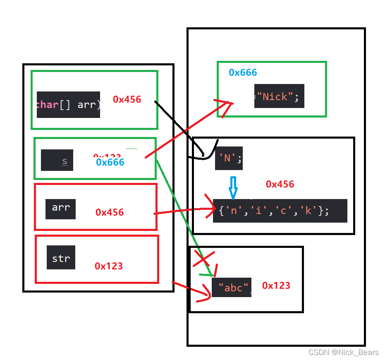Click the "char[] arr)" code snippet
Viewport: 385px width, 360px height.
pos(68,105)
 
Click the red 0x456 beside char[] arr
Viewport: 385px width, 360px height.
pos(127,99)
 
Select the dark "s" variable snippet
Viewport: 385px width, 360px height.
pos(57,161)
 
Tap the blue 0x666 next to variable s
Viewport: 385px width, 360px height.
pos(110,162)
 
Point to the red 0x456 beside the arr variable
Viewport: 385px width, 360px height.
pos(110,212)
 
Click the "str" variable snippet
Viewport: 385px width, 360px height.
pos(61,257)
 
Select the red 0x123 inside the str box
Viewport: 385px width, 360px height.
pos(109,266)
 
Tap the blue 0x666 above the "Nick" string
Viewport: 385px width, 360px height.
pos(243,72)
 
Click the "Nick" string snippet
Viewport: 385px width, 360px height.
pos(279,96)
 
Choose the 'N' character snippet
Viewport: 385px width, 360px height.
pos(229,158)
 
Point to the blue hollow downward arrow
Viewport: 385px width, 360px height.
pos(233,188)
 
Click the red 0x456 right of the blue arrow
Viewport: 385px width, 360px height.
pos(280,184)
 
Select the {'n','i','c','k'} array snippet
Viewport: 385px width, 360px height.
pos(280,211)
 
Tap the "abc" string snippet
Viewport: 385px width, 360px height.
pos(232,288)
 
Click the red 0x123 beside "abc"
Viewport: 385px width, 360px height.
pos(276,286)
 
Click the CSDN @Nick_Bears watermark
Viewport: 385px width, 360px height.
pos(344,352)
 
